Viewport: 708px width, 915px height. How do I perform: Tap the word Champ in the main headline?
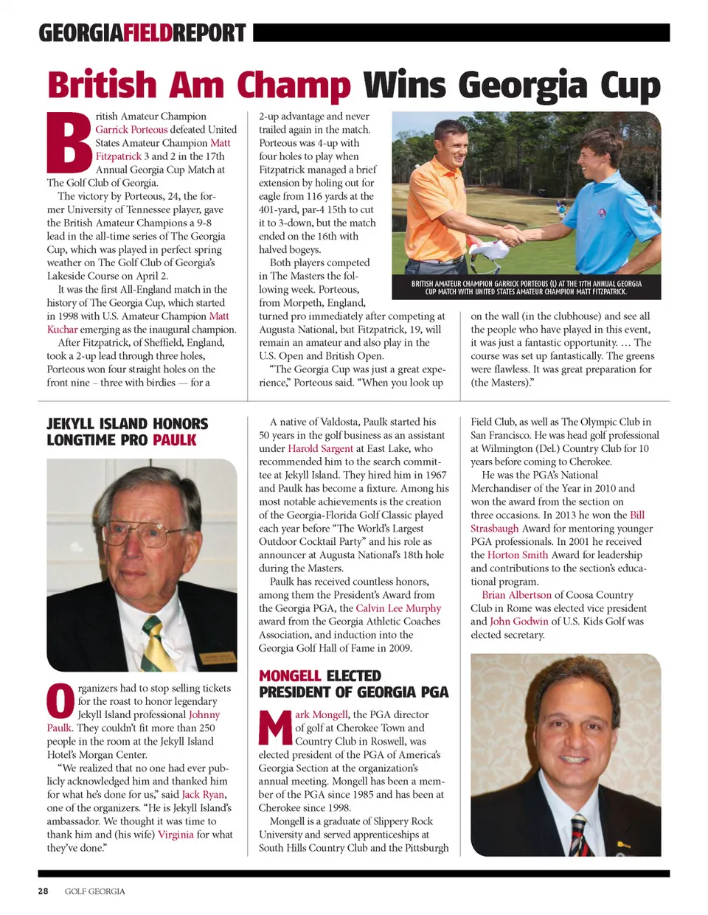point(294,86)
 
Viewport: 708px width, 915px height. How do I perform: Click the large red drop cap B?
point(70,143)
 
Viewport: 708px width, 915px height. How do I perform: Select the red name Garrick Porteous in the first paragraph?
point(131,130)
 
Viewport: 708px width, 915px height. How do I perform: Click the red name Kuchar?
point(62,330)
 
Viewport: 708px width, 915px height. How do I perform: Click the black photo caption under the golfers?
point(526,288)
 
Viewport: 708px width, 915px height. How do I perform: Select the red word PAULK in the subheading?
point(175,441)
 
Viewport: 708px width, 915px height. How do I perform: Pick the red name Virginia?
point(176,835)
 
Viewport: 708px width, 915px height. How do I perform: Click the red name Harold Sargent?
point(320,448)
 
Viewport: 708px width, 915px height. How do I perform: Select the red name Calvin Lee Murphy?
point(398,608)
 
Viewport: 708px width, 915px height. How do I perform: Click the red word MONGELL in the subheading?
point(289,676)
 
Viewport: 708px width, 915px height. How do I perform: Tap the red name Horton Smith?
point(517,555)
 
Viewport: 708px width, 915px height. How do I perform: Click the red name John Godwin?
point(519,622)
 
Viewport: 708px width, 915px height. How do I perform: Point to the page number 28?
point(44,891)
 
